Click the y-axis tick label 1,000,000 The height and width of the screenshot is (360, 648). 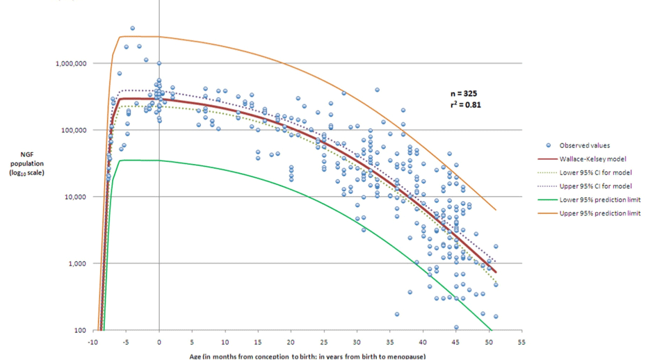[70, 63]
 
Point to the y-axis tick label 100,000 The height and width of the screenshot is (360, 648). [72, 130]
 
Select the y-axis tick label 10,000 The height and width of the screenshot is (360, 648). [74, 197]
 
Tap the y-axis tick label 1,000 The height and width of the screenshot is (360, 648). [76, 263]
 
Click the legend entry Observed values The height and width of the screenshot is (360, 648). [583, 145]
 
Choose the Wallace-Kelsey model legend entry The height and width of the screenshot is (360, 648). [587, 159]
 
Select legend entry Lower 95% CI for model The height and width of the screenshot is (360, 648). [592, 172]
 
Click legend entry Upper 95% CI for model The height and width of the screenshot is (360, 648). [592, 186]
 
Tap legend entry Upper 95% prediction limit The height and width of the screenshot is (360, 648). [597, 213]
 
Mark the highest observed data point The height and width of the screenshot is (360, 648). [132, 28]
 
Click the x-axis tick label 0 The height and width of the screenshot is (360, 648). [159, 342]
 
